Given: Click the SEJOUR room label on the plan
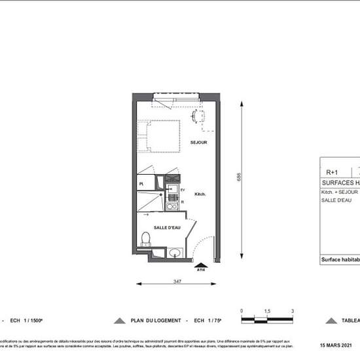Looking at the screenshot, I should pos(199,142).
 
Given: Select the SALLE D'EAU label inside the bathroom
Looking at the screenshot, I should pos(167,227).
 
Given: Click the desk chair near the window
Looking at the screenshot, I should pos(198,118).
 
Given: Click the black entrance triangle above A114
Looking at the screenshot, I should pos(200,263).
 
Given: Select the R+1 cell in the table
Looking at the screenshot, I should pos(332,173).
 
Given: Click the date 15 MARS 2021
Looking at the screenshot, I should pos(335,345).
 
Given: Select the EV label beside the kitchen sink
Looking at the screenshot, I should pos(183,189).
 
